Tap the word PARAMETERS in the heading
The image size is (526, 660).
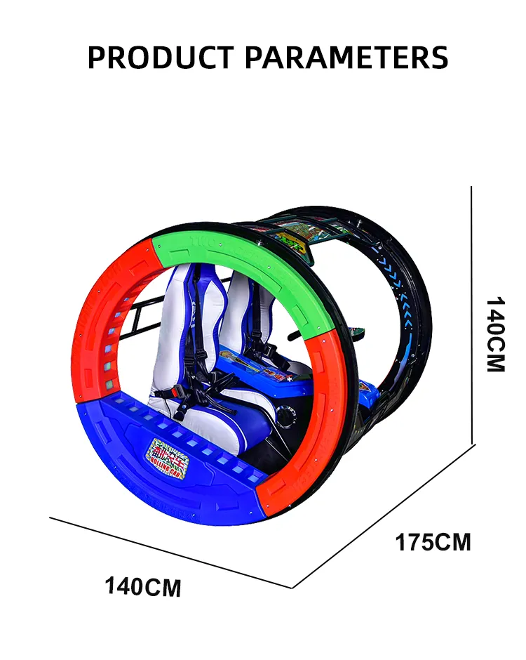tap(347, 57)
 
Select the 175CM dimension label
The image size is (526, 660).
tap(433, 543)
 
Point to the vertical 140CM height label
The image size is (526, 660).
tap(495, 334)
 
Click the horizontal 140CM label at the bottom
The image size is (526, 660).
tap(143, 586)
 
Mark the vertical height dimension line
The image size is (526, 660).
tap(472, 316)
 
